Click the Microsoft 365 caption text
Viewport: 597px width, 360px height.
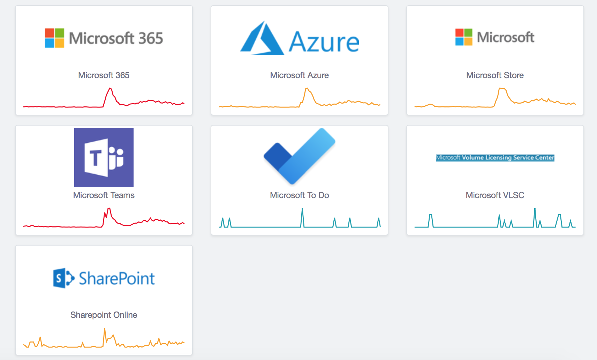(x=104, y=75)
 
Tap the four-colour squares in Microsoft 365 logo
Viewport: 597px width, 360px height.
(x=54, y=38)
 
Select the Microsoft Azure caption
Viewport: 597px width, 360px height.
(x=299, y=75)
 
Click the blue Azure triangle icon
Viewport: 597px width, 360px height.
(x=262, y=38)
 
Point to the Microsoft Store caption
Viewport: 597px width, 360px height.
(x=495, y=75)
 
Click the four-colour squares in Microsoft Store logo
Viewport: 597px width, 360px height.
(x=464, y=37)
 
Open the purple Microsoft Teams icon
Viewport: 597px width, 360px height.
(x=104, y=158)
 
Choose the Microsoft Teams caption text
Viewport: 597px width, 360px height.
(x=104, y=195)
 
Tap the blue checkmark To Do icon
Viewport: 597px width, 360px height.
(x=299, y=156)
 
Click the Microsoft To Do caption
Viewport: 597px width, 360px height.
(x=299, y=195)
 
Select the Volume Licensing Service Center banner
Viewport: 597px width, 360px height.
(x=495, y=158)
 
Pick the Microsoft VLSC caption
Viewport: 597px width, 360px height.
(x=495, y=195)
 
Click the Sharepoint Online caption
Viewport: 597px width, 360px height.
(x=104, y=315)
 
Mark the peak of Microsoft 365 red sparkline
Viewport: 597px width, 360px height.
(x=110, y=88)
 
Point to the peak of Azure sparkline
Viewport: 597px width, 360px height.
(x=307, y=88)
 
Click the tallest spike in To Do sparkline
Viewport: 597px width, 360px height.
(x=302, y=209)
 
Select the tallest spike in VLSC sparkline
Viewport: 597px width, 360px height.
(x=535, y=209)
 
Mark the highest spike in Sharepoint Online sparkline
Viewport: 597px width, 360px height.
(x=105, y=329)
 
